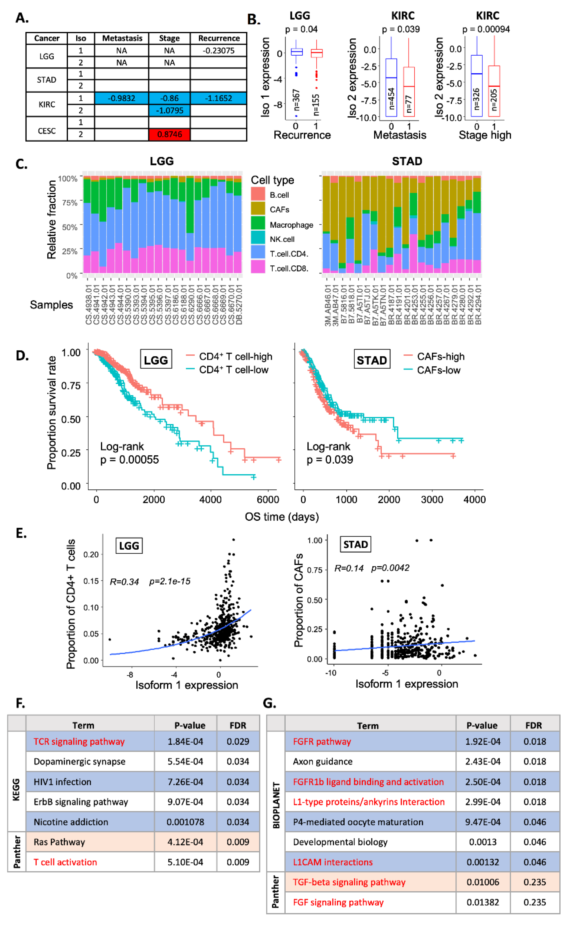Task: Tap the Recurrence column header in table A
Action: point(219,38)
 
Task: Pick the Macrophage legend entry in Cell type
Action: point(291,225)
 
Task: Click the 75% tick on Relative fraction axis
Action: point(70,203)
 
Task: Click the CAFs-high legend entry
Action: point(440,357)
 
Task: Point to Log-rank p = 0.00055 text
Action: point(129,453)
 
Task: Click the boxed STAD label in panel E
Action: point(355,544)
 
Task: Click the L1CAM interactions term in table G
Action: point(333,862)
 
